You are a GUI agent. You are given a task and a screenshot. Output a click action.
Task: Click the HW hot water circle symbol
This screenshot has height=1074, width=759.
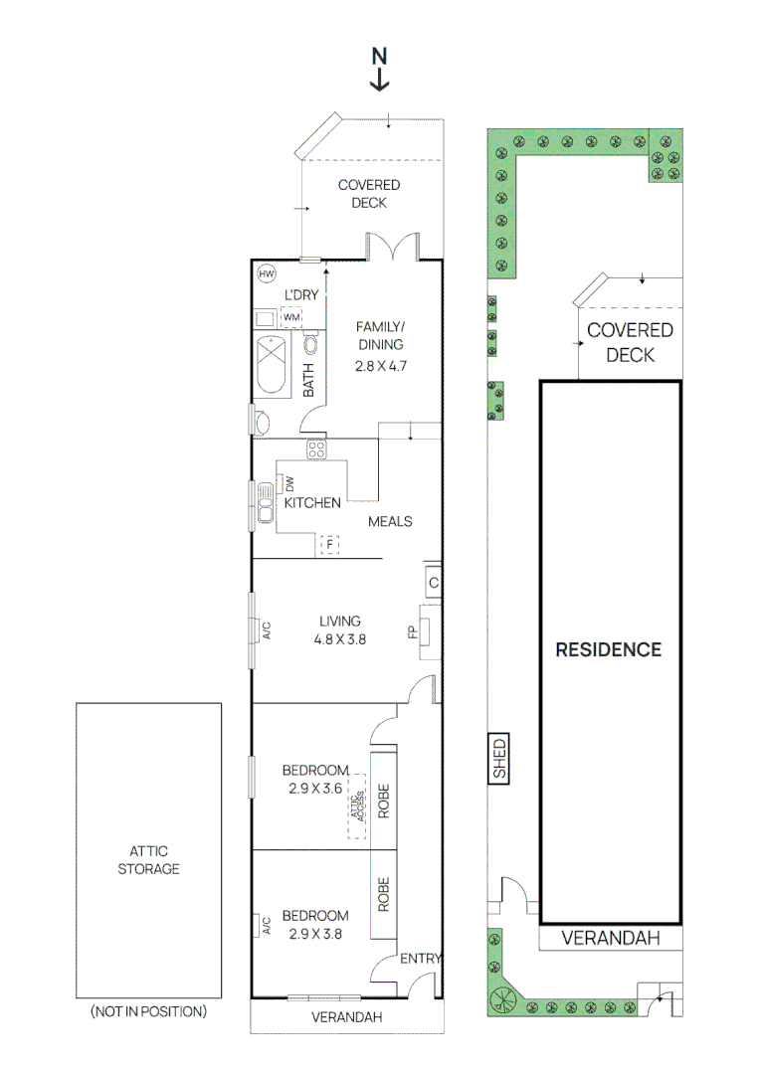click(266, 273)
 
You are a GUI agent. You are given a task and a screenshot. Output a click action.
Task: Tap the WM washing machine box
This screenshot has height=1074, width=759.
click(291, 317)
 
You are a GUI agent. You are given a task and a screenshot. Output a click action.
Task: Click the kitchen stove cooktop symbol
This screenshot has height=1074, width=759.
click(317, 448)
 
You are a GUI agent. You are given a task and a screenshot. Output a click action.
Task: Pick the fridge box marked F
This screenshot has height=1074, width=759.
click(329, 544)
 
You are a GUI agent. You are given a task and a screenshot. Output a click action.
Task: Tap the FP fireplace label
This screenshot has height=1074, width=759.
click(412, 630)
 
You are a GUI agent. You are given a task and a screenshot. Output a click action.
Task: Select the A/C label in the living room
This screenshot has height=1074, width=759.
click(266, 629)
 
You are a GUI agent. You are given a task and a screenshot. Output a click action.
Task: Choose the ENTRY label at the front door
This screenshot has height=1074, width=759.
click(420, 959)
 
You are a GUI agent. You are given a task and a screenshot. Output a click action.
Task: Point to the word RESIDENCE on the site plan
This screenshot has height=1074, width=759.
click(608, 649)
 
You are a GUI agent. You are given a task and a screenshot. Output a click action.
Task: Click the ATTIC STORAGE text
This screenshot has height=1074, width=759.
click(148, 860)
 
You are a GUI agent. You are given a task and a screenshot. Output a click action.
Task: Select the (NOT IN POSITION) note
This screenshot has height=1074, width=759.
click(148, 1011)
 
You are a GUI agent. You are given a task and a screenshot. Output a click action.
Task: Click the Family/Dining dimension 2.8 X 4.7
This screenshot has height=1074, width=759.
click(382, 365)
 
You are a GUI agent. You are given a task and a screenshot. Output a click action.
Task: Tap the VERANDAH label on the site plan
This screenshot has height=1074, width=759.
click(611, 938)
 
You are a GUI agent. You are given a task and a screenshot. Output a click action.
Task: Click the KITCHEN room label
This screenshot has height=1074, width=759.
click(312, 503)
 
